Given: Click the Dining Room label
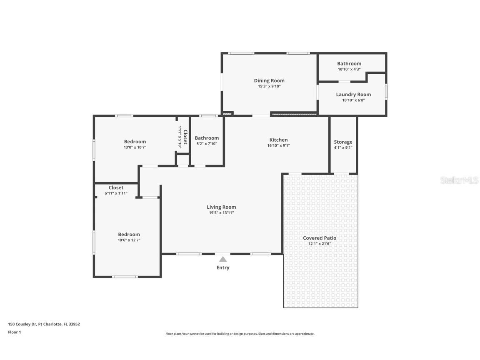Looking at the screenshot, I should pyautogui.click(x=269, y=81).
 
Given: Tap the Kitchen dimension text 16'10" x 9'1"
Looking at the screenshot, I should pyautogui.click(x=278, y=146).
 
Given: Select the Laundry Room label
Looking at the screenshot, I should pyautogui.click(x=353, y=95).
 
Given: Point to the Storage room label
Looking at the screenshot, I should pyautogui.click(x=343, y=142).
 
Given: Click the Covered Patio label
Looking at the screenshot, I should pyautogui.click(x=320, y=238).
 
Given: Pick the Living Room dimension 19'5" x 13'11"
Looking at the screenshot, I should pyautogui.click(x=221, y=213).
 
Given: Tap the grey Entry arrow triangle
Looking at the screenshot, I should pyautogui.click(x=223, y=259).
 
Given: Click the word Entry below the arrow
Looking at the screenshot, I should pyautogui.click(x=223, y=267).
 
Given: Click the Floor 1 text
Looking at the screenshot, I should pyautogui.click(x=15, y=332).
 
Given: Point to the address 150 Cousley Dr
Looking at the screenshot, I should pyautogui.click(x=22, y=324).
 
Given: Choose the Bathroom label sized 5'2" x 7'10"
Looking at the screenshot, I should pyautogui.click(x=207, y=138).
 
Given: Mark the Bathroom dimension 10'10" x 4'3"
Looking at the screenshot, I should pyautogui.click(x=349, y=70).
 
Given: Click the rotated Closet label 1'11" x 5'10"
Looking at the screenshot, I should pyautogui.click(x=183, y=137).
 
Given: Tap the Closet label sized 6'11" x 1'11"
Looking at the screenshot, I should pyautogui.click(x=116, y=188).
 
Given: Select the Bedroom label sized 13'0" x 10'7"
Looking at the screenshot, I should pyautogui.click(x=135, y=142).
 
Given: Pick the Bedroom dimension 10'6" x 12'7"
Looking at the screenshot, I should pyautogui.click(x=129, y=240).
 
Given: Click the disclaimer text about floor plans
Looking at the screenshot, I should pyautogui.click(x=240, y=334).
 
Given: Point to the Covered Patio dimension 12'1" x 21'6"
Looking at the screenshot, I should pyautogui.click(x=320, y=244).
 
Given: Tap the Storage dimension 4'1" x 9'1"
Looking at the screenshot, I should pyautogui.click(x=343, y=147).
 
